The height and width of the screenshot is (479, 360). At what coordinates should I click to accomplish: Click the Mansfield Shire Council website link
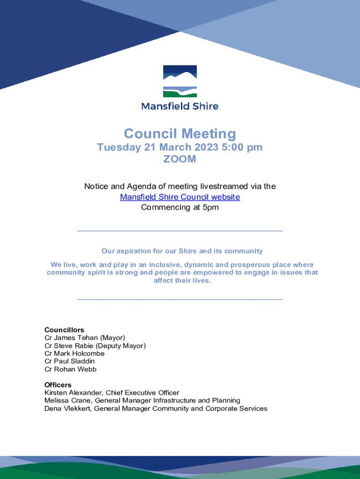[180, 197]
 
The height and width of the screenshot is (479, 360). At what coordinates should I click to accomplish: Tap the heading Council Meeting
[180, 134]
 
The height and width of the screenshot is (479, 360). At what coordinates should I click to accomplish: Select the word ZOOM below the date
[180, 160]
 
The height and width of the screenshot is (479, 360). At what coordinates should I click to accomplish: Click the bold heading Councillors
[64, 330]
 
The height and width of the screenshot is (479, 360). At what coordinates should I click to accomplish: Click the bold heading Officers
[58, 385]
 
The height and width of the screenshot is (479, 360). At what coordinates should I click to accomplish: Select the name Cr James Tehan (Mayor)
[85, 338]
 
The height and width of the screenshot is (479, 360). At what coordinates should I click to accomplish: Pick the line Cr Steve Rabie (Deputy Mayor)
[95, 346]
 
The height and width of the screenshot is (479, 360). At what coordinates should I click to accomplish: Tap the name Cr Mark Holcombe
[74, 354]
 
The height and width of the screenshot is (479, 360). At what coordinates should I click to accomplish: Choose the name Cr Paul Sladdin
[70, 361]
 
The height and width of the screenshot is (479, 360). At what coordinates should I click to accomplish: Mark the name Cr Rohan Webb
[71, 369]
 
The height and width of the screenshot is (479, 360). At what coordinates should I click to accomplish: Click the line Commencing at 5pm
[180, 208]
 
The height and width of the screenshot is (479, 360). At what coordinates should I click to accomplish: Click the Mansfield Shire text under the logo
[180, 106]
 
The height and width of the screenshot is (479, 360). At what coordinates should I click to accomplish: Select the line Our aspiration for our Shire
[182, 251]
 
